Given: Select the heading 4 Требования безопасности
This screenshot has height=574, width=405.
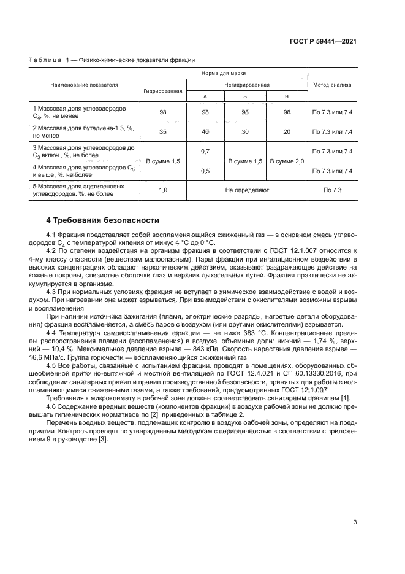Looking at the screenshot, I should pos(103,219).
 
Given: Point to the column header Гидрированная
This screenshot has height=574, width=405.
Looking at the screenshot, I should pos(163,90).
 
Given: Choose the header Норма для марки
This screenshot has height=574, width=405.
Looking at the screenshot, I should pos(224,73).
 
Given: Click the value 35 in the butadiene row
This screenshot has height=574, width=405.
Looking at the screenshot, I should pos(163,131).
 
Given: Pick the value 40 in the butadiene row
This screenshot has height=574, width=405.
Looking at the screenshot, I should pos(205,131).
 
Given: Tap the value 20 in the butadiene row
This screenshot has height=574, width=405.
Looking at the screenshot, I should pos(287,131).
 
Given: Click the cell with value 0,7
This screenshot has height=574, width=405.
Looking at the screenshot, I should pos(205,151).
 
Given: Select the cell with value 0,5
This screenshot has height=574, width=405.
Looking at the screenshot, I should pos(205,171).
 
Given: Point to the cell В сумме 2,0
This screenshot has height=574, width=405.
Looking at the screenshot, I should pos(287,161).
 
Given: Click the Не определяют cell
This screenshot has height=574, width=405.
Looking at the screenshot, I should pos(246,190).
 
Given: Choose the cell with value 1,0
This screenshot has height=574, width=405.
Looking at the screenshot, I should pos(163,190).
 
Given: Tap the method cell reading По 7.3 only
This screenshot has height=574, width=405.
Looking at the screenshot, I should pos(332,190).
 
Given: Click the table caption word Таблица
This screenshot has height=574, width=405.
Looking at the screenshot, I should pos(45,60).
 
